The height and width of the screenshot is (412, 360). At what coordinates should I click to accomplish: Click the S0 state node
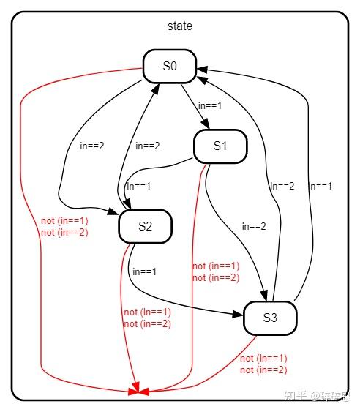[170, 66]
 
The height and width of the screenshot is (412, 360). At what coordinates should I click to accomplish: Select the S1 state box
[220, 146]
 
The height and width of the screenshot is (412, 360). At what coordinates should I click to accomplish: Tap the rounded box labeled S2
[145, 226]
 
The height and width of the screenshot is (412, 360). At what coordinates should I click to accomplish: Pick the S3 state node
[270, 318]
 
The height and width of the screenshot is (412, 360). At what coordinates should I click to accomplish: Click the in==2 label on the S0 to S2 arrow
[91, 146]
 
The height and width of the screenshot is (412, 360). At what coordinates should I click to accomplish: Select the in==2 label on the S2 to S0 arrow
[148, 146]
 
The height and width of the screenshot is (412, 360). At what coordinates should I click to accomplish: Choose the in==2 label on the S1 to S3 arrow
[254, 226]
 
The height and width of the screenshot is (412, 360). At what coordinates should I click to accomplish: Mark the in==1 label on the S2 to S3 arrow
[144, 271]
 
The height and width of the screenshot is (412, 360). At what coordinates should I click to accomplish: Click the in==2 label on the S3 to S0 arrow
[282, 186]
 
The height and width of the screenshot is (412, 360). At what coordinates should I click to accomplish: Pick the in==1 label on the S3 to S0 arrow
[320, 186]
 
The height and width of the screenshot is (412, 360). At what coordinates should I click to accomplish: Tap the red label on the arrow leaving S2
[147, 318]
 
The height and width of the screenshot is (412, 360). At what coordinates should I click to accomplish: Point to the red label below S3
[263, 364]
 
